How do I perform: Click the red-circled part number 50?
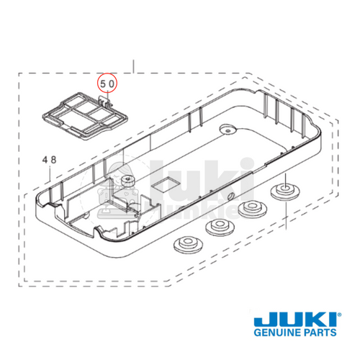click(107, 84)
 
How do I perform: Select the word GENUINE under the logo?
click(272, 336)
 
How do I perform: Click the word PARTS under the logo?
click(319, 336)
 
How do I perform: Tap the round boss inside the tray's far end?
click(229, 130)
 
